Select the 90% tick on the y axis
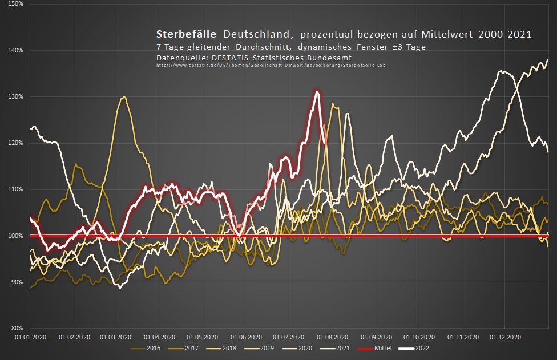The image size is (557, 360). [x=17, y=282]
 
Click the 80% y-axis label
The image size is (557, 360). [x=17, y=328]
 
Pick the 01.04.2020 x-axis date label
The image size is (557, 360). [x=159, y=337]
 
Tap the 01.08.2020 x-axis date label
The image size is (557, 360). [x=333, y=337]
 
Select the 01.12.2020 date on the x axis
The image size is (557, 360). [x=506, y=337]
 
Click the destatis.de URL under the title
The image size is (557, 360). [x=271, y=66]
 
